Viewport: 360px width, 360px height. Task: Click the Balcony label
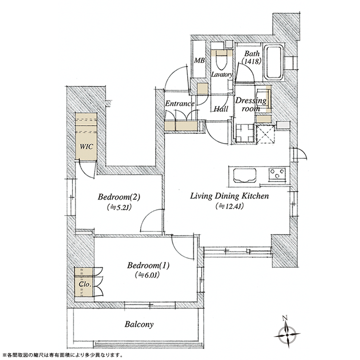[139, 324]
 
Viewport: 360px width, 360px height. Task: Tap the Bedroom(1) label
[148, 265]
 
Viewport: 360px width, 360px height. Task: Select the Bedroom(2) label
[119, 197]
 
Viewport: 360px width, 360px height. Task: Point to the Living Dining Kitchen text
[229, 196]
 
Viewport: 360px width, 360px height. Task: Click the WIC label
[86, 146]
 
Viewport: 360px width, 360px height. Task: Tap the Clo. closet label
[85, 284]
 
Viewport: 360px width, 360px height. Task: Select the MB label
[199, 60]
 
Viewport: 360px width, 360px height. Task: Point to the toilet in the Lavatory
[222, 60]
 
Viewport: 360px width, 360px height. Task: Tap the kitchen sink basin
[245, 176]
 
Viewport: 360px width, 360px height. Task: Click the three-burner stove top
[277, 173]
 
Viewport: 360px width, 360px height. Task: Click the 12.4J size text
[229, 206]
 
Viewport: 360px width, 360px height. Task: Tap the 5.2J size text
[119, 207]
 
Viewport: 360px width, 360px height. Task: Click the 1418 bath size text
[252, 61]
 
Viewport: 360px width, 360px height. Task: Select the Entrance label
[180, 104]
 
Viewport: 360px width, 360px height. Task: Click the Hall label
[221, 108]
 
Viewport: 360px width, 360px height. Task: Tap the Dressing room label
[251, 105]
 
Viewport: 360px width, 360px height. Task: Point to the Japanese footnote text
[62, 355]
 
